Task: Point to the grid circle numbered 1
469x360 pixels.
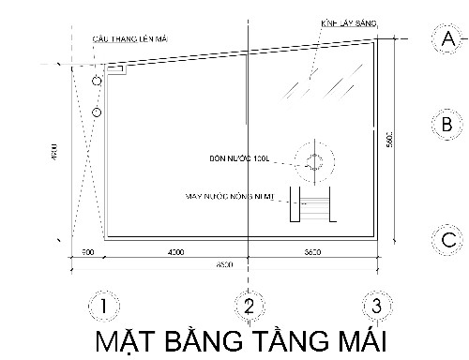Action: [104, 305]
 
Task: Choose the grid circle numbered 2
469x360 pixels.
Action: [249, 305]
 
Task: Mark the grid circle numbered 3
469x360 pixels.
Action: [376, 305]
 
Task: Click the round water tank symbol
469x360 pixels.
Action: [312, 159]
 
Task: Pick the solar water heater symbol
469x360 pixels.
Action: [313, 203]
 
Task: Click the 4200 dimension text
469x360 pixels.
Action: [174, 253]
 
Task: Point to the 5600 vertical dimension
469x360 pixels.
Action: [388, 141]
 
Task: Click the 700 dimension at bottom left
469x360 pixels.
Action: [86, 253]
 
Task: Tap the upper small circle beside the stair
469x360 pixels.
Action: [97, 82]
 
